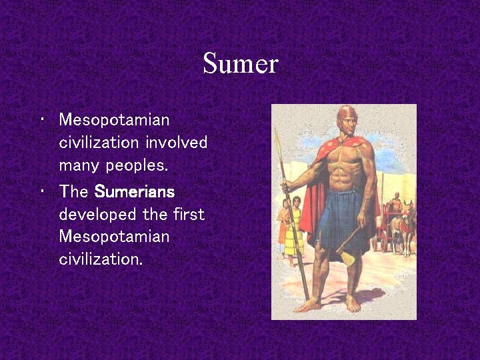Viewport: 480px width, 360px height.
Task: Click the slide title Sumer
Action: (x=240, y=64)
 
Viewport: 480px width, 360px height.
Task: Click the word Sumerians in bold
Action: (x=135, y=192)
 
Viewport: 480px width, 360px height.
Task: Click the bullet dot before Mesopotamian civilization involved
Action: (x=41, y=120)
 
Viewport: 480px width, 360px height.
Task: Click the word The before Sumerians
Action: (x=73, y=192)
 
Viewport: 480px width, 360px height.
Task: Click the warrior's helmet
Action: (x=347, y=116)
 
